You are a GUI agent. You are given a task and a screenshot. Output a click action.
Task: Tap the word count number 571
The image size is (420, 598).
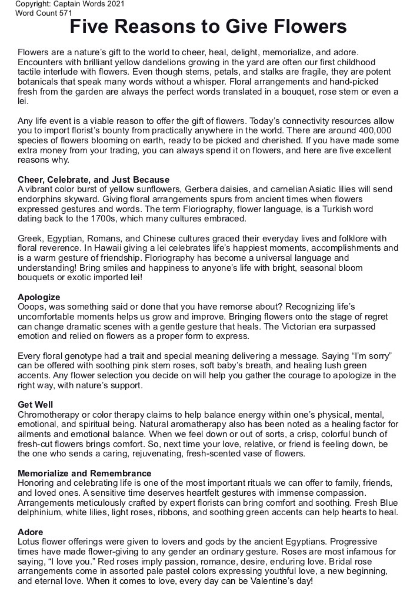[65, 12]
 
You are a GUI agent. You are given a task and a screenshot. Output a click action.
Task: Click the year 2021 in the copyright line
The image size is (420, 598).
[114, 4]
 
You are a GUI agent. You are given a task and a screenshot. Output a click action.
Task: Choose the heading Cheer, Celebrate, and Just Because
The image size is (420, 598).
[94, 180]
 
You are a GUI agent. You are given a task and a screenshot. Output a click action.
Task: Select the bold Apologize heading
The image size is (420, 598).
[39, 297]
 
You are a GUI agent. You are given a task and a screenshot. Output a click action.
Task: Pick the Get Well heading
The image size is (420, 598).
[35, 405]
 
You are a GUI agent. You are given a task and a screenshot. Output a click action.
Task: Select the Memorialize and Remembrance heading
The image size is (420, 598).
[85, 473]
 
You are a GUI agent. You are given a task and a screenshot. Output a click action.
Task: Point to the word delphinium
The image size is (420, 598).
[41, 513]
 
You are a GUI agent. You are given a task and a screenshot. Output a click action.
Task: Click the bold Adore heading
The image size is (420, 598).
[31, 532]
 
